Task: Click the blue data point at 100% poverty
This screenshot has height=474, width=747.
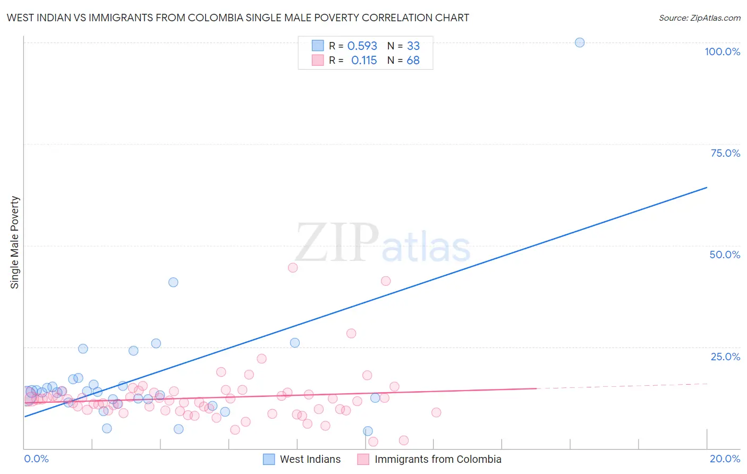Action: click(580, 43)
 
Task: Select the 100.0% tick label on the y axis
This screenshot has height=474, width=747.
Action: click(722, 52)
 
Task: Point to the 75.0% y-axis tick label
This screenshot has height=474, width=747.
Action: click(725, 153)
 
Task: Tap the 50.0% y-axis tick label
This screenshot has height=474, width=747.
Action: click(725, 255)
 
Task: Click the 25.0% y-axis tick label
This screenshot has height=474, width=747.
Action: click(725, 357)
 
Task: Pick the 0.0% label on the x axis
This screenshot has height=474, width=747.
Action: click(36, 459)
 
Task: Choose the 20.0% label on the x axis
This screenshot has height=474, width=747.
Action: click(725, 459)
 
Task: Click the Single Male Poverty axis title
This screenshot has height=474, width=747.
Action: click(15, 242)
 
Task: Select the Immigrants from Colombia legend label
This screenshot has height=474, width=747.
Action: click(438, 459)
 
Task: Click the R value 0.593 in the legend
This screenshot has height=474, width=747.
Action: click(362, 46)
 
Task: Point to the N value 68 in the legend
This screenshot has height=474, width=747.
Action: click(413, 61)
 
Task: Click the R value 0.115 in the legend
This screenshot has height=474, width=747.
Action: click(364, 61)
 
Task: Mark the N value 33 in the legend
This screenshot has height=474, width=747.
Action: click(413, 46)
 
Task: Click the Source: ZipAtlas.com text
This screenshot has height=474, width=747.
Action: click(699, 18)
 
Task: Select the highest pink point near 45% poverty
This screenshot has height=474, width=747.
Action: click(293, 268)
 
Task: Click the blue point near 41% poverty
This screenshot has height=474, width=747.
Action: click(173, 282)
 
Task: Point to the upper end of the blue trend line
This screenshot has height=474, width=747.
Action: click(707, 188)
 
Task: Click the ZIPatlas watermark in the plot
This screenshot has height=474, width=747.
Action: click(383, 243)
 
